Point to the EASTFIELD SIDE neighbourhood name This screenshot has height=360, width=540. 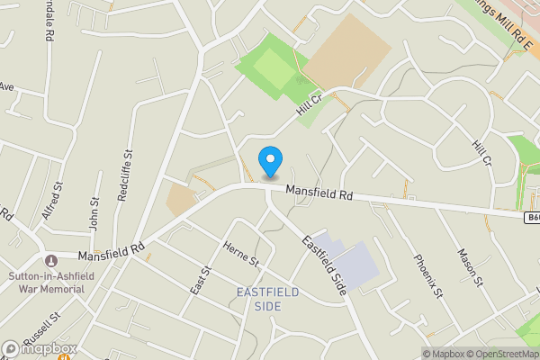(x=272, y=299)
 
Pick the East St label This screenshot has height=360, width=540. (x=204, y=280)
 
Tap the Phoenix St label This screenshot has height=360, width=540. (x=428, y=276)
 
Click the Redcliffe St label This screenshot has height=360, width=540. (x=126, y=176)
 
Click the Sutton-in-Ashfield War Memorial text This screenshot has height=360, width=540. (x=46, y=283)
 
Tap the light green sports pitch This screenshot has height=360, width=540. (x=271, y=65)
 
